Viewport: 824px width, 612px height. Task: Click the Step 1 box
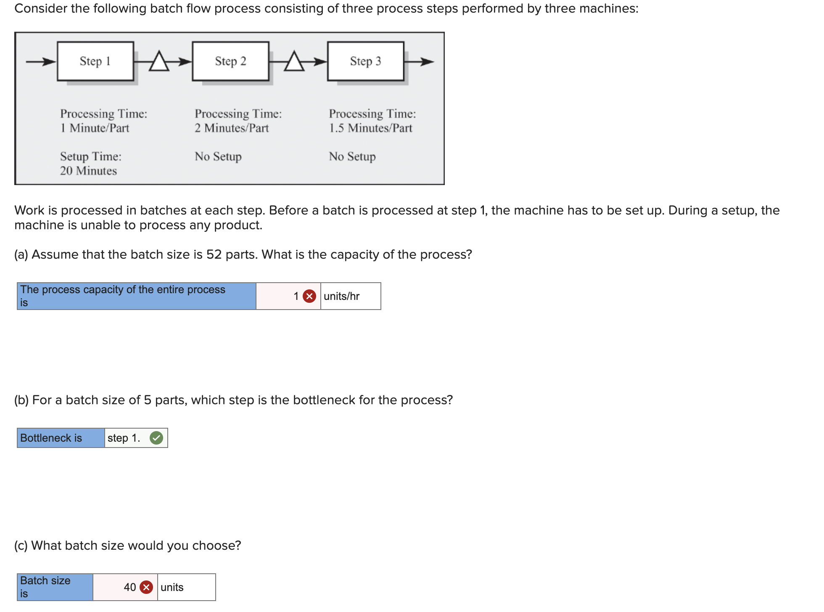click(95, 61)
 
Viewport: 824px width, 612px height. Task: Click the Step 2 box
click(230, 61)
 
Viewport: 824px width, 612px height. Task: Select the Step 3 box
click(365, 61)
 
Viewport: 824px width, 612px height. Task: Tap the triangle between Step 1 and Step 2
click(159, 62)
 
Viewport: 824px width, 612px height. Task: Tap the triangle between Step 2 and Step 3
click(294, 62)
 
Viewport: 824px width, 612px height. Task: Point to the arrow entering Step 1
click(41, 62)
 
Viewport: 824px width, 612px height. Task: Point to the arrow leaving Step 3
click(419, 62)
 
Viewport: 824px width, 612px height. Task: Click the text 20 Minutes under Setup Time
click(88, 171)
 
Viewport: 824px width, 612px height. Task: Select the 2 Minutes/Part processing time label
click(231, 128)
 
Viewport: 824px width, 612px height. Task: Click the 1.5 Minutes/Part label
click(370, 128)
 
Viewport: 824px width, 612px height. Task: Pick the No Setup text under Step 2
click(218, 156)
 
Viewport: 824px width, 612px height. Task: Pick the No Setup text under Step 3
click(352, 156)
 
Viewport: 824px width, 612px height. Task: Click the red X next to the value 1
click(309, 296)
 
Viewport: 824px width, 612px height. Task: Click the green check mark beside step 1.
click(156, 438)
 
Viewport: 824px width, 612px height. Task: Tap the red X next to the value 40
click(146, 587)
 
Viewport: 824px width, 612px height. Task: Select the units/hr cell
click(350, 296)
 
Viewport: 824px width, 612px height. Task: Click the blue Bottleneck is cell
click(61, 438)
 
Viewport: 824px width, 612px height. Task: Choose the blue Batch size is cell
click(55, 587)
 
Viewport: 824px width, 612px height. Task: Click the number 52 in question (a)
click(214, 254)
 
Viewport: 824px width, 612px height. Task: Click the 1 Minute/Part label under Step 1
click(95, 128)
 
